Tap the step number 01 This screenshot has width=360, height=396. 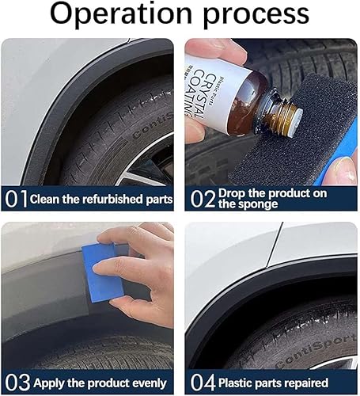(14, 198)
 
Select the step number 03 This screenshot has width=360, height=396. (15, 383)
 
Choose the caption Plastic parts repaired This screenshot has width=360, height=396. (286, 383)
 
